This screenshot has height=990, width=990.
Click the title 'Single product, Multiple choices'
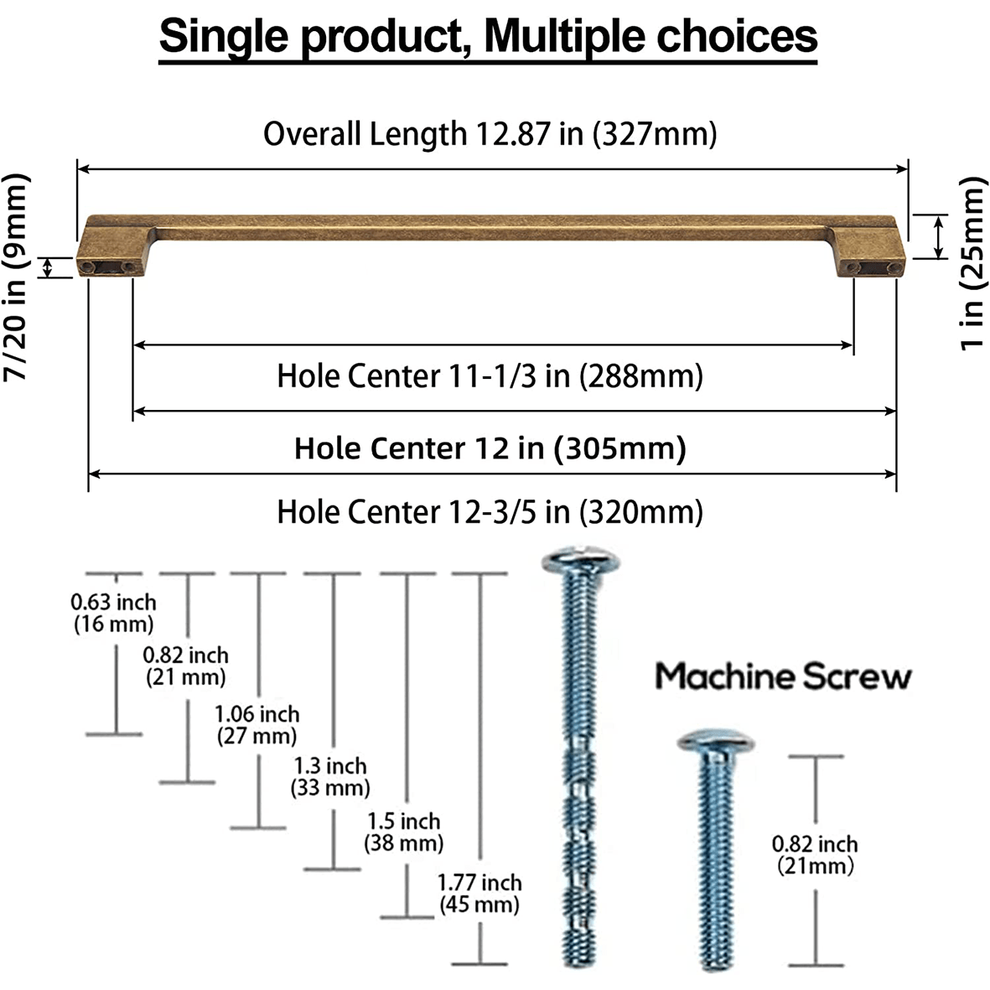pyautogui.click(x=488, y=38)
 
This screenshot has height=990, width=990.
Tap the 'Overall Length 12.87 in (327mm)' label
pyautogui.click(x=490, y=134)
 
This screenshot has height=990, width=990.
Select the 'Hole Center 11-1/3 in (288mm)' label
pyautogui.click(x=490, y=376)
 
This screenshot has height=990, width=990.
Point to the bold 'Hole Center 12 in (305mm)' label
pyautogui.click(x=490, y=448)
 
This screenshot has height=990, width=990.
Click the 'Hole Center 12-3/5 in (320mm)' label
pyautogui.click(x=490, y=511)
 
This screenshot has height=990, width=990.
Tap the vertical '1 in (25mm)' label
pyautogui.click(x=972, y=263)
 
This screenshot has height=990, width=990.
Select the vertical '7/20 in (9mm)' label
pyautogui.click(x=17, y=277)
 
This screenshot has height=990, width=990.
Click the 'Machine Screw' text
pyautogui.click(x=782, y=676)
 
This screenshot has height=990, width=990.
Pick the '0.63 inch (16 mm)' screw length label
pyautogui.click(x=113, y=613)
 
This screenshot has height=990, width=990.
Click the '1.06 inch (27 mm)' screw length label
pyautogui.click(x=257, y=725)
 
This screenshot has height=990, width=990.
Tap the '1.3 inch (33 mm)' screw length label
pyautogui.click(x=329, y=776)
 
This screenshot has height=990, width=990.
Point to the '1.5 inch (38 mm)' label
pyautogui.click(x=403, y=832)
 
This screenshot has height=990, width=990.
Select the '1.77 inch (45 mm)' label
pyautogui.click(x=479, y=894)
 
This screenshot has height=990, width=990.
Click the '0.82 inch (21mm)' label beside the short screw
pyautogui.click(x=815, y=854)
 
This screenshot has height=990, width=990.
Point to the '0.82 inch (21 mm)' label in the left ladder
pyautogui.click(x=185, y=666)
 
